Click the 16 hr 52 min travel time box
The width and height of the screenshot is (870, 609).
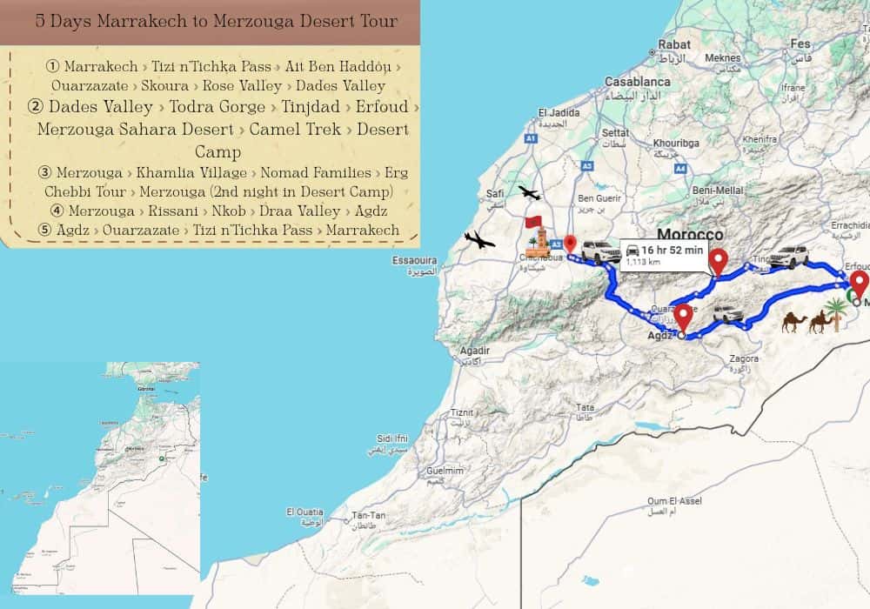[660, 255]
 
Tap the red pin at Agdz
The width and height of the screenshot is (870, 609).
[683, 318]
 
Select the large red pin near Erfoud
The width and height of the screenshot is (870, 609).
[859, 284]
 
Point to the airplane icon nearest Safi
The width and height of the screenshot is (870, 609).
[528, 192]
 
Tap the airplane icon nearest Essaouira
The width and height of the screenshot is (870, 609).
[479, 239]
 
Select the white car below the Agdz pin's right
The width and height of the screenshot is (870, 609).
[727, 313]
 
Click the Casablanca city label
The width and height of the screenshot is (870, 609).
[638, 81]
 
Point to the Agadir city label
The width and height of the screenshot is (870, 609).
[473, 351]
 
